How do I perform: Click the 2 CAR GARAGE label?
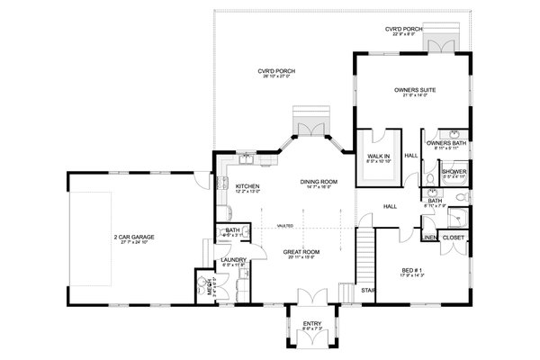[x=135, y=237]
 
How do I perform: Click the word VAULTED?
[x=291, y=226]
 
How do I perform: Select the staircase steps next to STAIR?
[x=365, y=256]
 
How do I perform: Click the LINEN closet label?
[x=430, y=238]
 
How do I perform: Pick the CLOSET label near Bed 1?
[x=454, y=238]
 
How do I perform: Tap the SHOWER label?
[x=453, y=171]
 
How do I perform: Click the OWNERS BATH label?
[x=445, y=143]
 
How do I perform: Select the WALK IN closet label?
[x=379, y=156]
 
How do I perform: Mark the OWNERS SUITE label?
[x=415, y=90]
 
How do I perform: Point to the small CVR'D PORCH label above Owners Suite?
[x=402, y=30]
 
